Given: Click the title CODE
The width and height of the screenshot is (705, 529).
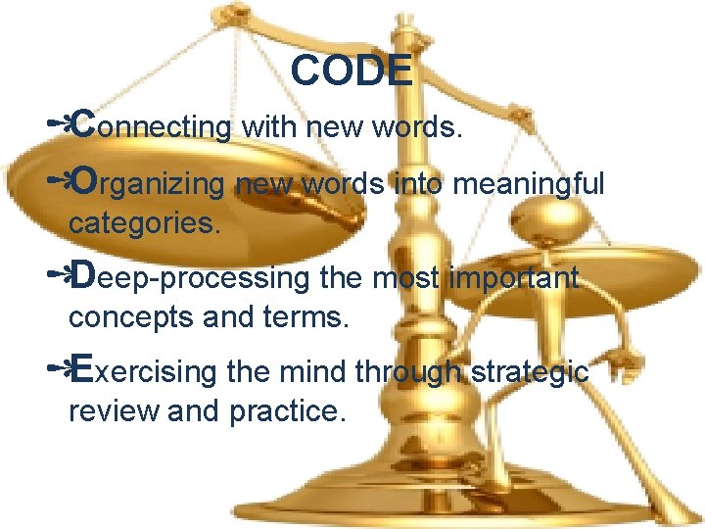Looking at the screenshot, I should (352, 71).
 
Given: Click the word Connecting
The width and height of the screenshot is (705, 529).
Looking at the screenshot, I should (152, 125).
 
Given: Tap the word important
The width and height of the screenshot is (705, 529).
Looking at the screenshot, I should (514, 278).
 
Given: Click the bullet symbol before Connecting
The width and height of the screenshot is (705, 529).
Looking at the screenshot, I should (59, 124).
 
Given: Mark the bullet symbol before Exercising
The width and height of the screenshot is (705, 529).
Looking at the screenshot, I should (59, 370).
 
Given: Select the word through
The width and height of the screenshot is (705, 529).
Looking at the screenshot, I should (410, 372).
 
